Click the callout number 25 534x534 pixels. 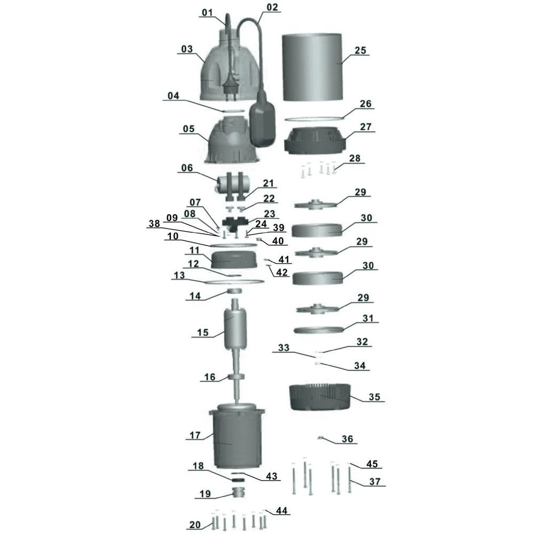coord(360,51)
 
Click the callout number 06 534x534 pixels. coord(186,167)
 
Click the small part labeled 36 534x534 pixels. coord(321,438)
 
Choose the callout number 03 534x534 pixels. coord(186,49)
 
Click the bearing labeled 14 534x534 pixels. coord(234,291)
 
